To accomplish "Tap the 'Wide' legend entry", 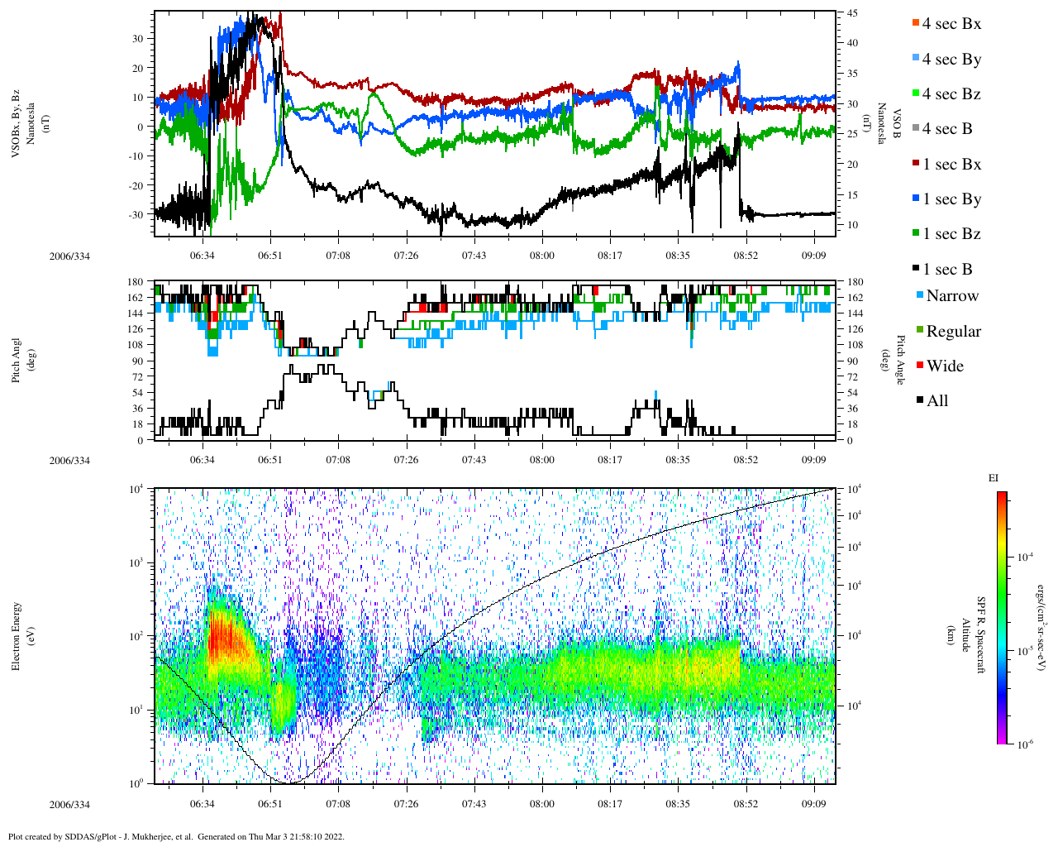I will click(944, 366).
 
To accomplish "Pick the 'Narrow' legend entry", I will click(951, 296).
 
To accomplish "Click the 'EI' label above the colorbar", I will click(994, 478).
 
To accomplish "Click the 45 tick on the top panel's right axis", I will click(851, 13).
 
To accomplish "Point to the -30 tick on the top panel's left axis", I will click(137, 214).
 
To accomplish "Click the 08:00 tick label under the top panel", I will click(542, 256).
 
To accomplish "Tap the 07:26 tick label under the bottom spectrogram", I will click(406, 804).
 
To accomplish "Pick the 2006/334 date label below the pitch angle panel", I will click(69, 461).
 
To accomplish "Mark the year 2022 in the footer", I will click(335, 836).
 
